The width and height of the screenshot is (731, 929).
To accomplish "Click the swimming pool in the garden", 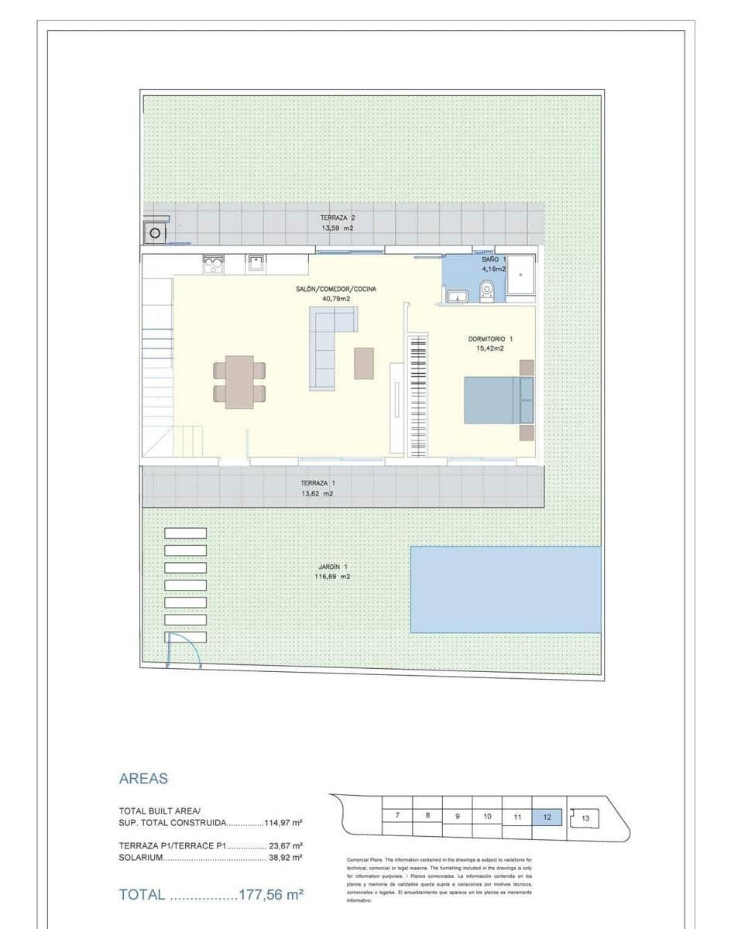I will (505, 589).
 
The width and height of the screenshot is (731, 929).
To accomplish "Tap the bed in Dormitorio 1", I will (498, 399).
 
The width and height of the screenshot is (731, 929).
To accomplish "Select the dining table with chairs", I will (239, 382).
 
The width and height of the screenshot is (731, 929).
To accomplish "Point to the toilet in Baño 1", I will (487, 290).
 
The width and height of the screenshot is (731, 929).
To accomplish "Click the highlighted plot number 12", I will (547, 816).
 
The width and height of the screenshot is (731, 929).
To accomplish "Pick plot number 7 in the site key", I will (397, 816).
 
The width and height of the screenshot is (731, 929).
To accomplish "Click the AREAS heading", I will (143, 779).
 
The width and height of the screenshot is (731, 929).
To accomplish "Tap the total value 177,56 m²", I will (270, 895).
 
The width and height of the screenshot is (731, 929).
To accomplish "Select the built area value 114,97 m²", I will (283, 823).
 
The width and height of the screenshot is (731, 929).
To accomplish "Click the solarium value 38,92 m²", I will (285, 858).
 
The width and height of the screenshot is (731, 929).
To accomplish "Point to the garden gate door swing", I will (184, 649).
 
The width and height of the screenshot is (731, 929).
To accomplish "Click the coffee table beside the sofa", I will (364, 363).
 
